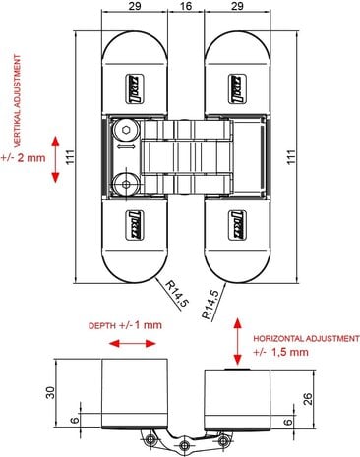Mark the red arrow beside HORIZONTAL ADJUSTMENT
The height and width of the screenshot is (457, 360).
[x=235, y=339]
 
